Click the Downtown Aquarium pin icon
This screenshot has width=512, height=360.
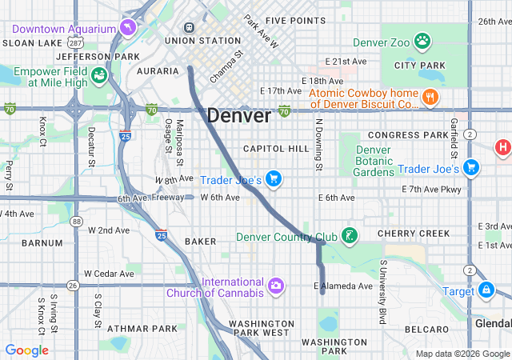(x=127, y=29)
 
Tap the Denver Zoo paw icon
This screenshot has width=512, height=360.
(x=422, y=39)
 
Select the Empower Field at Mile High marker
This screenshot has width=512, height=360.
(x=99, y=76)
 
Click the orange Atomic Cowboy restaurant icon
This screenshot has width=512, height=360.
(x=431, y=98)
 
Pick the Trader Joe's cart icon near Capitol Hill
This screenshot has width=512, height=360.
(x=273, y=178)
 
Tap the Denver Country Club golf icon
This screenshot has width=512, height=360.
(x=349, y=236)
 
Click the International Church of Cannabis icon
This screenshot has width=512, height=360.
(x=276, y=286)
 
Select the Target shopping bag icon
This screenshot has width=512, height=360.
(x=486, y=290)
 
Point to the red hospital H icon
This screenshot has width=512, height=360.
(x=503, y=147)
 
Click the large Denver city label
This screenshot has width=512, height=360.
(x=238, y=115)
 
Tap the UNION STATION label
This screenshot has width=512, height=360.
(x=202, y=40)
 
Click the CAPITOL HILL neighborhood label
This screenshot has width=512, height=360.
(x=276, y=149)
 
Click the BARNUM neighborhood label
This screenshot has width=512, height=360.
(x=42, y=242)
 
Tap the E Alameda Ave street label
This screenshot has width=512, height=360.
(x=343, y=286)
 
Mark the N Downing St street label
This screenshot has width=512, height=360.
(x=318, y=145)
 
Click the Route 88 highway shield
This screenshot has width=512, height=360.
(x=75, y=221)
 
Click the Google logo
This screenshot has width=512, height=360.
(x=27, y=350)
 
